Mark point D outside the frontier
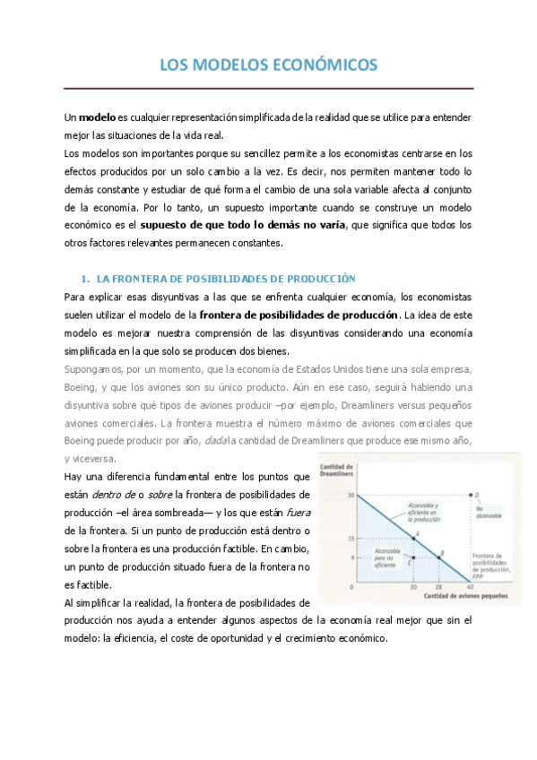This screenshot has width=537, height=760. click(472, 495)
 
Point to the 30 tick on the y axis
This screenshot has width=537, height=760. click(352, 495)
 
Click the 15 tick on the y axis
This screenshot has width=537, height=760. click(352, 538)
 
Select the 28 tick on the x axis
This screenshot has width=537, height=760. click(439, 587)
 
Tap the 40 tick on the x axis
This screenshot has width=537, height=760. click(472, 587)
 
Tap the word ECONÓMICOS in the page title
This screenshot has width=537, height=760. click(324, 65)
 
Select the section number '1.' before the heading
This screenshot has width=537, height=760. click(86, 279)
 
